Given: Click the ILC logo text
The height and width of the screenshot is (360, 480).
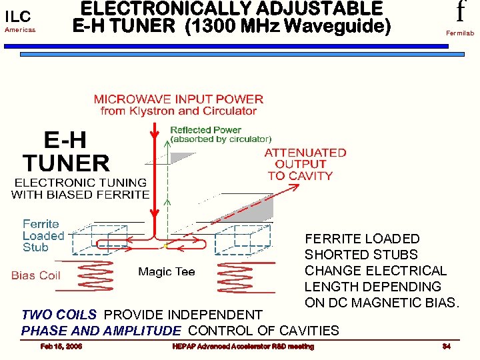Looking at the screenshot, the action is click(x=18, y=16).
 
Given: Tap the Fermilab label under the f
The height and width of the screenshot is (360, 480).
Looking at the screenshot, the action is click(x=460, y=32).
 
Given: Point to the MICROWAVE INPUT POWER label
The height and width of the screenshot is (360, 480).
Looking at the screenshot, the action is click(x=179, y=99).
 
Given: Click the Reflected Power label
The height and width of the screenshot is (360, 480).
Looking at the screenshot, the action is click(x=205, y=130).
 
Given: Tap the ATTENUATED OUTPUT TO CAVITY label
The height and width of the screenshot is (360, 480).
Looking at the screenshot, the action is click(x=305, y=164).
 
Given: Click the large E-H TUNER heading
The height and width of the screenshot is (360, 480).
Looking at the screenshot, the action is click(x=66, y=152).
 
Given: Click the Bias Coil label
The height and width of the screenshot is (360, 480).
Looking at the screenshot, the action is click(x=36, y=275).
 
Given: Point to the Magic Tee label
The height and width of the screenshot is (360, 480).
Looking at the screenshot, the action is click(x=166, y=272).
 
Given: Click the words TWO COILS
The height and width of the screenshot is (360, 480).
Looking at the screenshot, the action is click(x=59, y=315).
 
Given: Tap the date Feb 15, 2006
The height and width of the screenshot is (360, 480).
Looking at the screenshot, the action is click(x=61, y=346).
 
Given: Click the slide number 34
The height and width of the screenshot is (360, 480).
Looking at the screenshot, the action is click(x=446, y=346).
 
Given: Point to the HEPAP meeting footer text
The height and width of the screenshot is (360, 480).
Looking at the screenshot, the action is click(x=243, y=346).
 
